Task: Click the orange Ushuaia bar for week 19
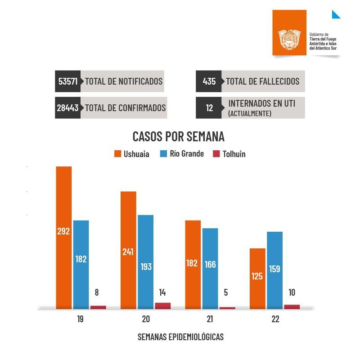[64, 202]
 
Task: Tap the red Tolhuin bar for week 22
[292, 307]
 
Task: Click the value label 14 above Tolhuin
[162, 292]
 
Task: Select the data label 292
[63, 232]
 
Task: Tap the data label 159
[274, 269]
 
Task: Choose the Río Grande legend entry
[182, 154]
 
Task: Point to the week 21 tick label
[210, 319]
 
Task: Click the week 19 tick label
[80, 319]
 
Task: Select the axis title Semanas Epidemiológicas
[180, 337]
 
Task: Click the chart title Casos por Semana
[178, 136]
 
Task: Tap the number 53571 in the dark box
[68, 81]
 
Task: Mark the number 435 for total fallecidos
[209, 81]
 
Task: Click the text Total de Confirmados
[125, 108]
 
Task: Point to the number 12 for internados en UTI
[209, 108]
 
